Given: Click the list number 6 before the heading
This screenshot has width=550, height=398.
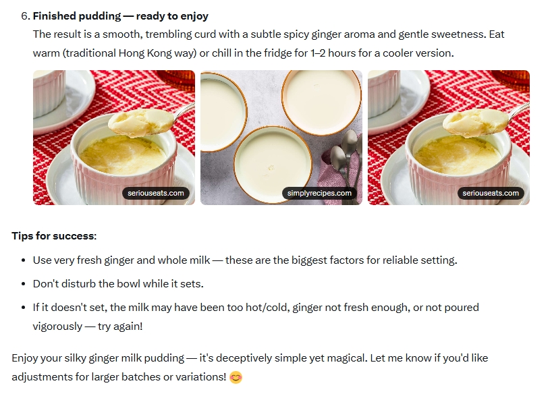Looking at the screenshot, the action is click(25, 16).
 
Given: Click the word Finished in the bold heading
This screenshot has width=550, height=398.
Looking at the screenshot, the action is click(54, 16).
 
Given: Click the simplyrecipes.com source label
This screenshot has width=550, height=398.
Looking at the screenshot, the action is click(319, 193).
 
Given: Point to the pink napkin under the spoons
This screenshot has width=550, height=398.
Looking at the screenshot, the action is click(333, 169).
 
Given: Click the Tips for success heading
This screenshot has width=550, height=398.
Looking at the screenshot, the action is click(54, 236).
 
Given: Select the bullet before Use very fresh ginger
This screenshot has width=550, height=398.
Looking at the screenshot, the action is click(24, 260).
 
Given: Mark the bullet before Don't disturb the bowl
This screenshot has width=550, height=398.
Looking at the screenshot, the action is click(24, 284).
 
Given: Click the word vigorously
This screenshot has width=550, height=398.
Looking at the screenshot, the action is click(57, 326).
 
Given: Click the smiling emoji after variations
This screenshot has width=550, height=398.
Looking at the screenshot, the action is click(236, 378).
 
